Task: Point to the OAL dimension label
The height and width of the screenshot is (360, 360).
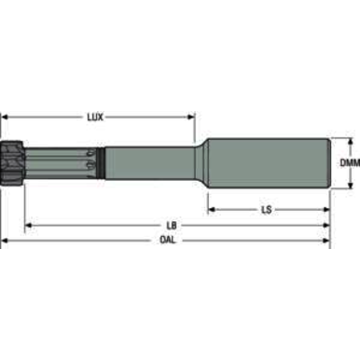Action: pos(168,240)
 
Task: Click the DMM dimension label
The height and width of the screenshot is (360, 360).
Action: pos(350,162)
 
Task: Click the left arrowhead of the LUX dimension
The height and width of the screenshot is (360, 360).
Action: pos(6,117)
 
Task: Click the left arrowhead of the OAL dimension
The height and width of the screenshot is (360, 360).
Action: pos(6,240)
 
